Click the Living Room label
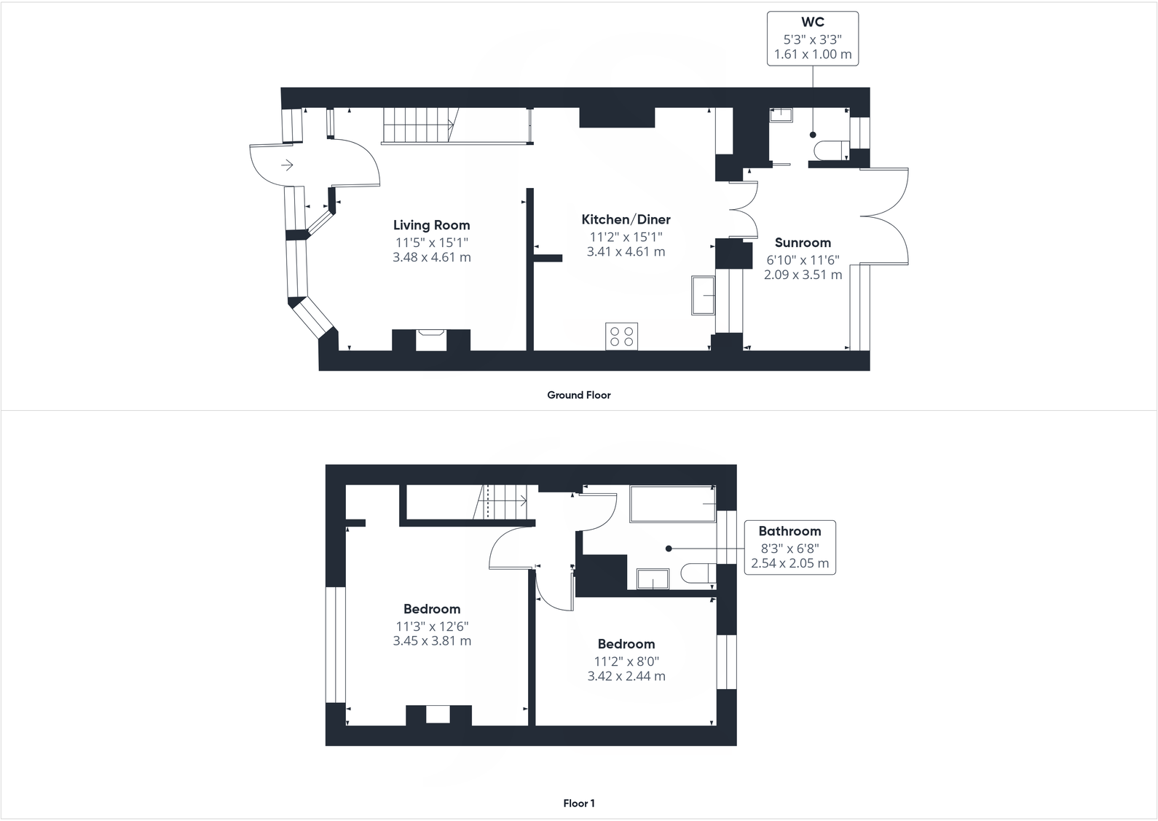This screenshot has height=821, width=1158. pos(431,225)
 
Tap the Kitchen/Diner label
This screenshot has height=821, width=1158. pos(626,219)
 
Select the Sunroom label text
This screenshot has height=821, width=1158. pos(803,243)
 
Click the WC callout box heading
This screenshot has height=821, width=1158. pos(813,23)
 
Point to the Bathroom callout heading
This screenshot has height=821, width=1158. pos(789,531)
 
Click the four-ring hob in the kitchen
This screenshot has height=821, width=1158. pos(621,336)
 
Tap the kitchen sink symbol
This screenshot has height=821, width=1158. pos(703,295)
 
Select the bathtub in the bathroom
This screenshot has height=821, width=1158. pos(671,504)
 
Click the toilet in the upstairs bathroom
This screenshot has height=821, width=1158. pos(698,574)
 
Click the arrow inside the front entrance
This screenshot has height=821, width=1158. pos(287,165)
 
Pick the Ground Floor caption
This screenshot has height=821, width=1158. pos(579,395)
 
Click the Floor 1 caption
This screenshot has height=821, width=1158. pos(579,804)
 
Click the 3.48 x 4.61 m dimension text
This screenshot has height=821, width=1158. pos(431,257)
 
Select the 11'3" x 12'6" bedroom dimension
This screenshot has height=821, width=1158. pos(432,626)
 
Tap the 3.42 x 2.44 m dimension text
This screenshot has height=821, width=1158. pos(626,675)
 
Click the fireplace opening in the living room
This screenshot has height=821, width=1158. pos(430,340)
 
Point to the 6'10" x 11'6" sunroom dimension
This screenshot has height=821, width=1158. pos(803,259)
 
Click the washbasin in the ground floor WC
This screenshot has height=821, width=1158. pos(781,114)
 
